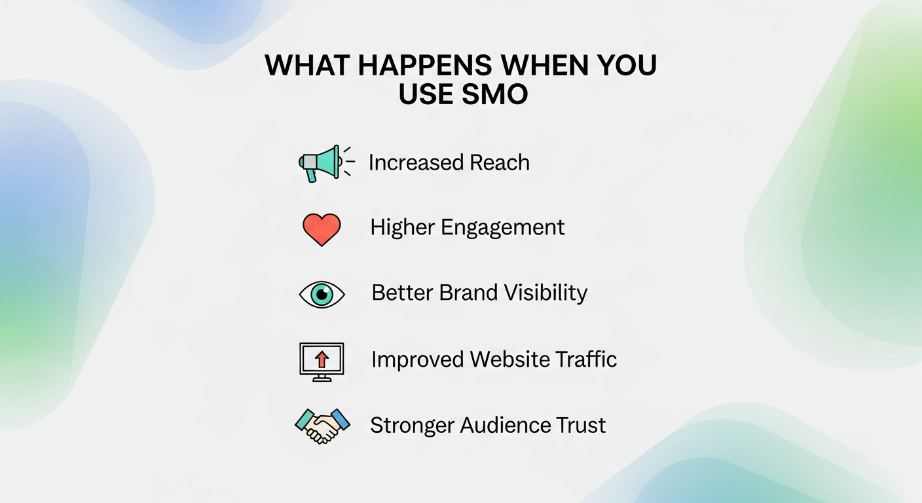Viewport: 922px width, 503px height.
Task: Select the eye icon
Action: point(322,294)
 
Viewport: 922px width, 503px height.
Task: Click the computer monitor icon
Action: point(322,361)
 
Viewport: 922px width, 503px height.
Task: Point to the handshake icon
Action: point(322,426)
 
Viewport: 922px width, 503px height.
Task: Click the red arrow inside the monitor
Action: point(322,358)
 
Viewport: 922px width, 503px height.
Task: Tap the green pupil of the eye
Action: point(322,294)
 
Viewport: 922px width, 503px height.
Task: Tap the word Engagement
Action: point(502,228)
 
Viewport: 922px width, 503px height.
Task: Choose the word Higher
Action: point(402,227)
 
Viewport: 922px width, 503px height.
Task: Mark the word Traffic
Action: point(585,360)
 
